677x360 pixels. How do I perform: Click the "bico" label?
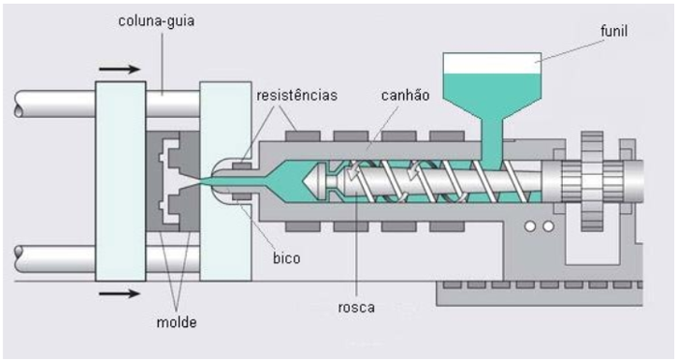pos(285,258)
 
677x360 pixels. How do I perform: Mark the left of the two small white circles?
pos(531,225)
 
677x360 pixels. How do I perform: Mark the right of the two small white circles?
pos(547,225)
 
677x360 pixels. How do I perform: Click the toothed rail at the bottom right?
pos(542,287)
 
